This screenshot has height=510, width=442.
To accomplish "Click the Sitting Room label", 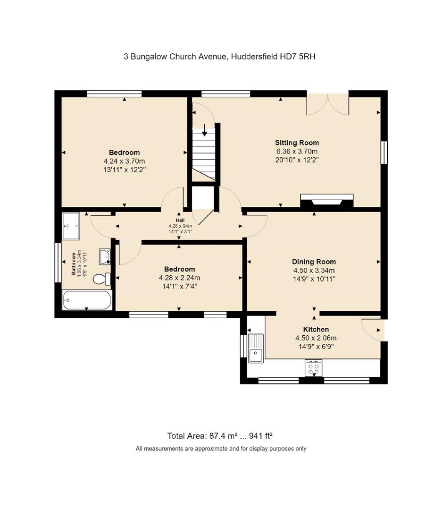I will pos(297,143).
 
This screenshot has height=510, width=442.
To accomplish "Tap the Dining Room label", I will pos(314,262).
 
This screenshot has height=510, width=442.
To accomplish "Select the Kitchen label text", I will pos(316,329).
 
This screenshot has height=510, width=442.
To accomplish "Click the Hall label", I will pos(180,220).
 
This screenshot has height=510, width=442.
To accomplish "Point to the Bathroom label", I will pos(74,263).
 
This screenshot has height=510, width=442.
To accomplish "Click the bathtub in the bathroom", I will pos(87,300).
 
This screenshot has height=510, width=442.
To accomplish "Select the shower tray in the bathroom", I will pos(72,226).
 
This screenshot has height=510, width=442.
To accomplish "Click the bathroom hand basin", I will pos(105,256).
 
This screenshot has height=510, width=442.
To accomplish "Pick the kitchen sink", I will pos(256,348).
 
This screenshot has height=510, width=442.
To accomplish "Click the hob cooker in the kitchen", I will pos(314,367).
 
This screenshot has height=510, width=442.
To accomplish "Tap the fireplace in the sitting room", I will pos(327,200).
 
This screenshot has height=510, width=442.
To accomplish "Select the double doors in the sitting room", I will pos(328,104).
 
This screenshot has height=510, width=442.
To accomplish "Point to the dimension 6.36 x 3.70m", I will pos(297,152).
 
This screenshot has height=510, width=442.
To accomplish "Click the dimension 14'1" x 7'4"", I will pos(179,287).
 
